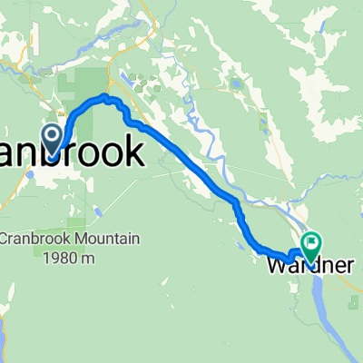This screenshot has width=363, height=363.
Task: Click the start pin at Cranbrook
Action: coord(54,139)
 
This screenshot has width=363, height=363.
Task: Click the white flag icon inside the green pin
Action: coord(312,242)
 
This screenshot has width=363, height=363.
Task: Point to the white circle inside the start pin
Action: coord(54,135)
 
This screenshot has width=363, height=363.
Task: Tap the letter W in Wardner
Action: coord(276,266)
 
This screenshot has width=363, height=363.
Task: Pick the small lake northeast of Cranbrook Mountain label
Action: coord(96,213)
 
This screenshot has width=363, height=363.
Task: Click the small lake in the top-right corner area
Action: coord(238,83)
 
